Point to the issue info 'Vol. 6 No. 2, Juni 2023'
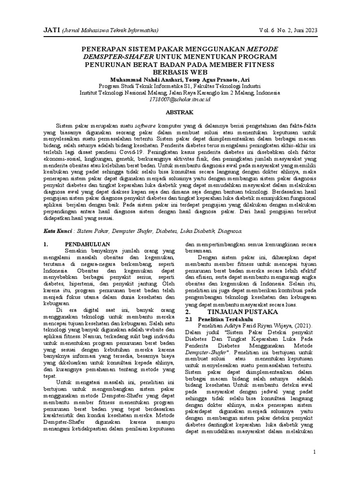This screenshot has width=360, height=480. tap(287, 30)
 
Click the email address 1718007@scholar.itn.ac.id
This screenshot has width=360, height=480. tap(180, 99)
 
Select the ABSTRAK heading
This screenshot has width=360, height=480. tap(180, 112)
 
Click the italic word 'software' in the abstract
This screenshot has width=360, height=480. tap(146, 127)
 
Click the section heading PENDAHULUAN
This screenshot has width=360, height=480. tap(87, 244)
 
